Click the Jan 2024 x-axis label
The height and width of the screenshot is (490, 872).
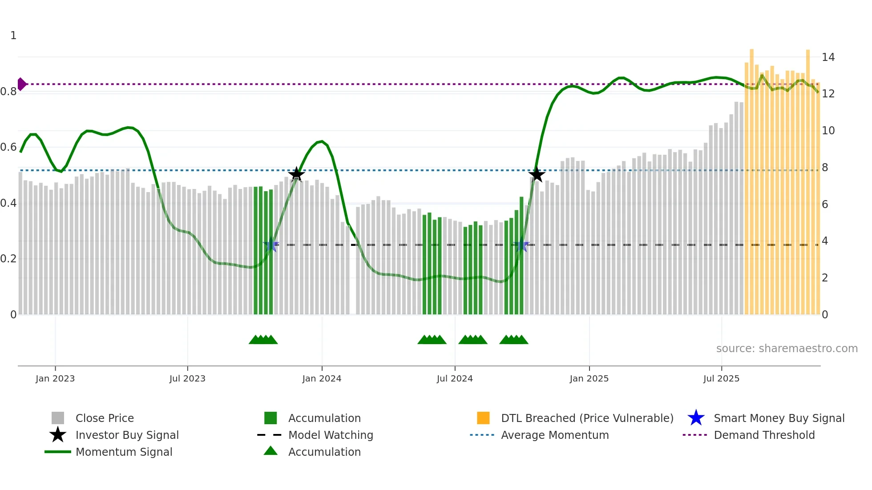(x=322, y=378)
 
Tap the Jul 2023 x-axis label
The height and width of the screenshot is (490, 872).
(x=187, y=378)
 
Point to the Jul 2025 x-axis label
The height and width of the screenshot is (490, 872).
(x=721, y=378)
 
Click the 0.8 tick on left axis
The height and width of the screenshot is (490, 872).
(x=8, y=92)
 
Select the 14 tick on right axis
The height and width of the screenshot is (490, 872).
(x=828, y=57)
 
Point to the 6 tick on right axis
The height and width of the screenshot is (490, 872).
(x=825, y=205)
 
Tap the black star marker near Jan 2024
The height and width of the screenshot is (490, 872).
(x=296, y=174)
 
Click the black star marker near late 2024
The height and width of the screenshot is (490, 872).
(x=537, y=174)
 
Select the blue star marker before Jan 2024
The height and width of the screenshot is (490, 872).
(x=270, y=245)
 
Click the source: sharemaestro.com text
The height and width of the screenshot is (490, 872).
(x=787, y=349)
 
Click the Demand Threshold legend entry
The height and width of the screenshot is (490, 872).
(x=764, y=435)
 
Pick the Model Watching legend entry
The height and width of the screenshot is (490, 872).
(x=330, y=435)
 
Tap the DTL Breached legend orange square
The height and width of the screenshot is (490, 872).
(x=483, y=418)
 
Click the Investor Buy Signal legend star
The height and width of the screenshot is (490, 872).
(x=58, y=435)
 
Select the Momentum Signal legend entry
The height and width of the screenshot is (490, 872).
(x=124, y=452)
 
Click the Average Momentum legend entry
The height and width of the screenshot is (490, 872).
(x=554, y=435)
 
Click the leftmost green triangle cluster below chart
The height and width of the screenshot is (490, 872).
(x=263, y=340)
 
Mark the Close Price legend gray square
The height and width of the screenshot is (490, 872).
(x=58, y=418)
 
